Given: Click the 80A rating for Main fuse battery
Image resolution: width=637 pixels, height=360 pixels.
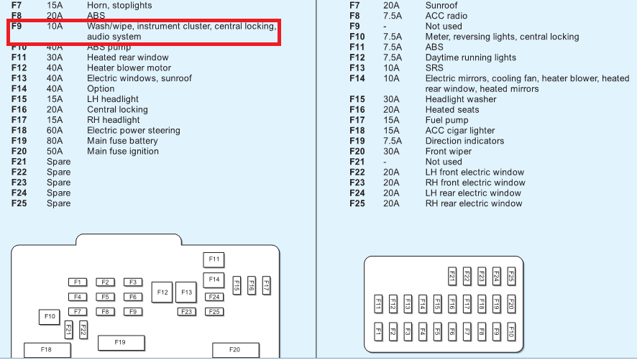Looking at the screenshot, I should coord(55,141).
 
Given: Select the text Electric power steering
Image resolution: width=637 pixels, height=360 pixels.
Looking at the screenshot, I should coord(133,131).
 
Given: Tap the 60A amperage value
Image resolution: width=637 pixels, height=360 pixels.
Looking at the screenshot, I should coord(55,131).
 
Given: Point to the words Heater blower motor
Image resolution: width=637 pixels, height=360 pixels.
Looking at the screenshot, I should coord(129,68).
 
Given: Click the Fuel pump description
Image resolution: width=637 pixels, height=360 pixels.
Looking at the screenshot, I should coord(446,120).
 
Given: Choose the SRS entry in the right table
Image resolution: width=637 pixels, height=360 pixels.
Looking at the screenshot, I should coord(435,68).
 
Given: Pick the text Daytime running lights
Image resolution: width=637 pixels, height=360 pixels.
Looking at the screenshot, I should coord(470,57).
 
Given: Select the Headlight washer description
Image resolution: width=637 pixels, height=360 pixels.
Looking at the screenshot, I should coord(461,99).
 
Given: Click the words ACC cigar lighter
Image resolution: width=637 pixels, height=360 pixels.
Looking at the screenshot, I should coord(460,131).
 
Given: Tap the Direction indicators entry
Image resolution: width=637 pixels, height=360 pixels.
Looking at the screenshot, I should coord(464,141).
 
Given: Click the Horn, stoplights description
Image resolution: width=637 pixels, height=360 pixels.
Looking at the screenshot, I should coord(119,5).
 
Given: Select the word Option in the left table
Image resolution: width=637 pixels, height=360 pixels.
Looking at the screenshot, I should coord(101,89).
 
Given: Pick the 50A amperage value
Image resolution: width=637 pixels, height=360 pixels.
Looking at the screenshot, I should coord(55,152).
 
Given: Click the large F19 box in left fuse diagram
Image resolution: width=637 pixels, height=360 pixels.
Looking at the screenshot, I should coord(121,343).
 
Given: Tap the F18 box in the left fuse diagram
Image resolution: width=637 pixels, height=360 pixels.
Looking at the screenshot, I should coord(47,350).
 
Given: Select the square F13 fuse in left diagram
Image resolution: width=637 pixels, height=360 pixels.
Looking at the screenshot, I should coord(186,292).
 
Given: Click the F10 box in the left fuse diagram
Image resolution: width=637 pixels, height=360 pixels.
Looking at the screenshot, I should coord(50,316).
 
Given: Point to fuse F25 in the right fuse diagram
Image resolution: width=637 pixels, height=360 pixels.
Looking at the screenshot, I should coord(511,276).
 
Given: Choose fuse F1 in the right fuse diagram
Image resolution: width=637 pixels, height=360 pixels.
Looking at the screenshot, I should coord(377,331).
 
